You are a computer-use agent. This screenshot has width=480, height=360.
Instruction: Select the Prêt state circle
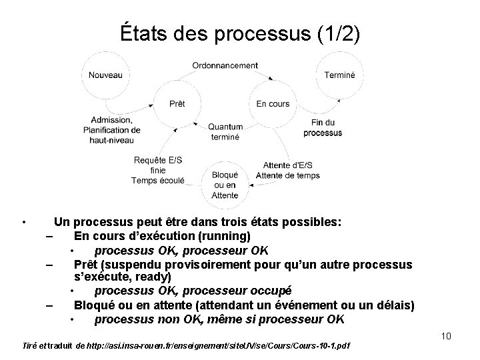[x=177, y=103]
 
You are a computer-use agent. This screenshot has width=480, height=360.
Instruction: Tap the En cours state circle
[x=273, y=103]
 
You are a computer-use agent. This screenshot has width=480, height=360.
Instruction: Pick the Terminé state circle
[x=339, y=75]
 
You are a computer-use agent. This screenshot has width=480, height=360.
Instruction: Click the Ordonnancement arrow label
[x=225, y=65]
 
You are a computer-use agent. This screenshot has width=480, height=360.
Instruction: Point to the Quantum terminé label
[x=225, y=131]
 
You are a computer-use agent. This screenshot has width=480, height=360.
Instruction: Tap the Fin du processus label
[x=323, y=127]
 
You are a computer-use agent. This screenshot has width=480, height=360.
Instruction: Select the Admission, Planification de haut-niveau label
[x=108, y=130]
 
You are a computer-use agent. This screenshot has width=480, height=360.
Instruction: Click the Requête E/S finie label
[x=158, y=165]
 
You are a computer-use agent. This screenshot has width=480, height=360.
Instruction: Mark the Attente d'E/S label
[x=287, y=165]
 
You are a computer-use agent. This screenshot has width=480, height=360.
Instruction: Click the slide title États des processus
[x=241, y=32]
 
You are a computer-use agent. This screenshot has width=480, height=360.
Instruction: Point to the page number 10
[x=446, y=336]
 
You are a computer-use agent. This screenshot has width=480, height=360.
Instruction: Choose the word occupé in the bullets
[x=268, y=291]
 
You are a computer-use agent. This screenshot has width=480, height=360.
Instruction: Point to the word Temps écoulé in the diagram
[x=158, y=180]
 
